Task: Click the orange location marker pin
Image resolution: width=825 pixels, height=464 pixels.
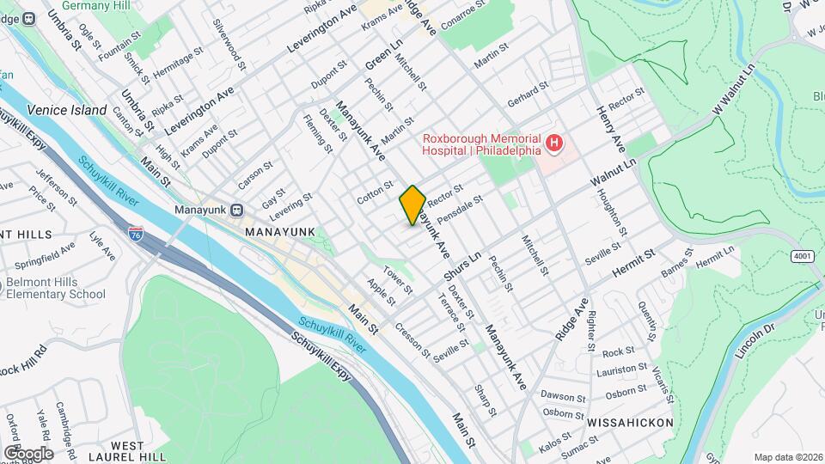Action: pyautogui.click(x=412, y=205)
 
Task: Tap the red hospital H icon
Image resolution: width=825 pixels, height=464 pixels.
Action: pyautogui.click(x=554, y=142)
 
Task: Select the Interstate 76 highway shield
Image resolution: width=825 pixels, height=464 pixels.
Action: pyautogui.click(x=136, y=232)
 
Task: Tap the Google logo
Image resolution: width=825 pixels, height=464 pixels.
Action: pyautogui.click(x=27, y=453)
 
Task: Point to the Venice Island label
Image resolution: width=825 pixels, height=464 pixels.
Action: pyautogui.click(x=66, y=110)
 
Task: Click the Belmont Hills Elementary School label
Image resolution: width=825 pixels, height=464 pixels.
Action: pyautogui.click(x=55, y=289)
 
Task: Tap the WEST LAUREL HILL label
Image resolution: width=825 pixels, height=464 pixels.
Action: pyautogui.click(x=126, y=451)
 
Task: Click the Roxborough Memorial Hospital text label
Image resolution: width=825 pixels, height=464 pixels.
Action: pyautogui.click(x=480, y=144)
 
